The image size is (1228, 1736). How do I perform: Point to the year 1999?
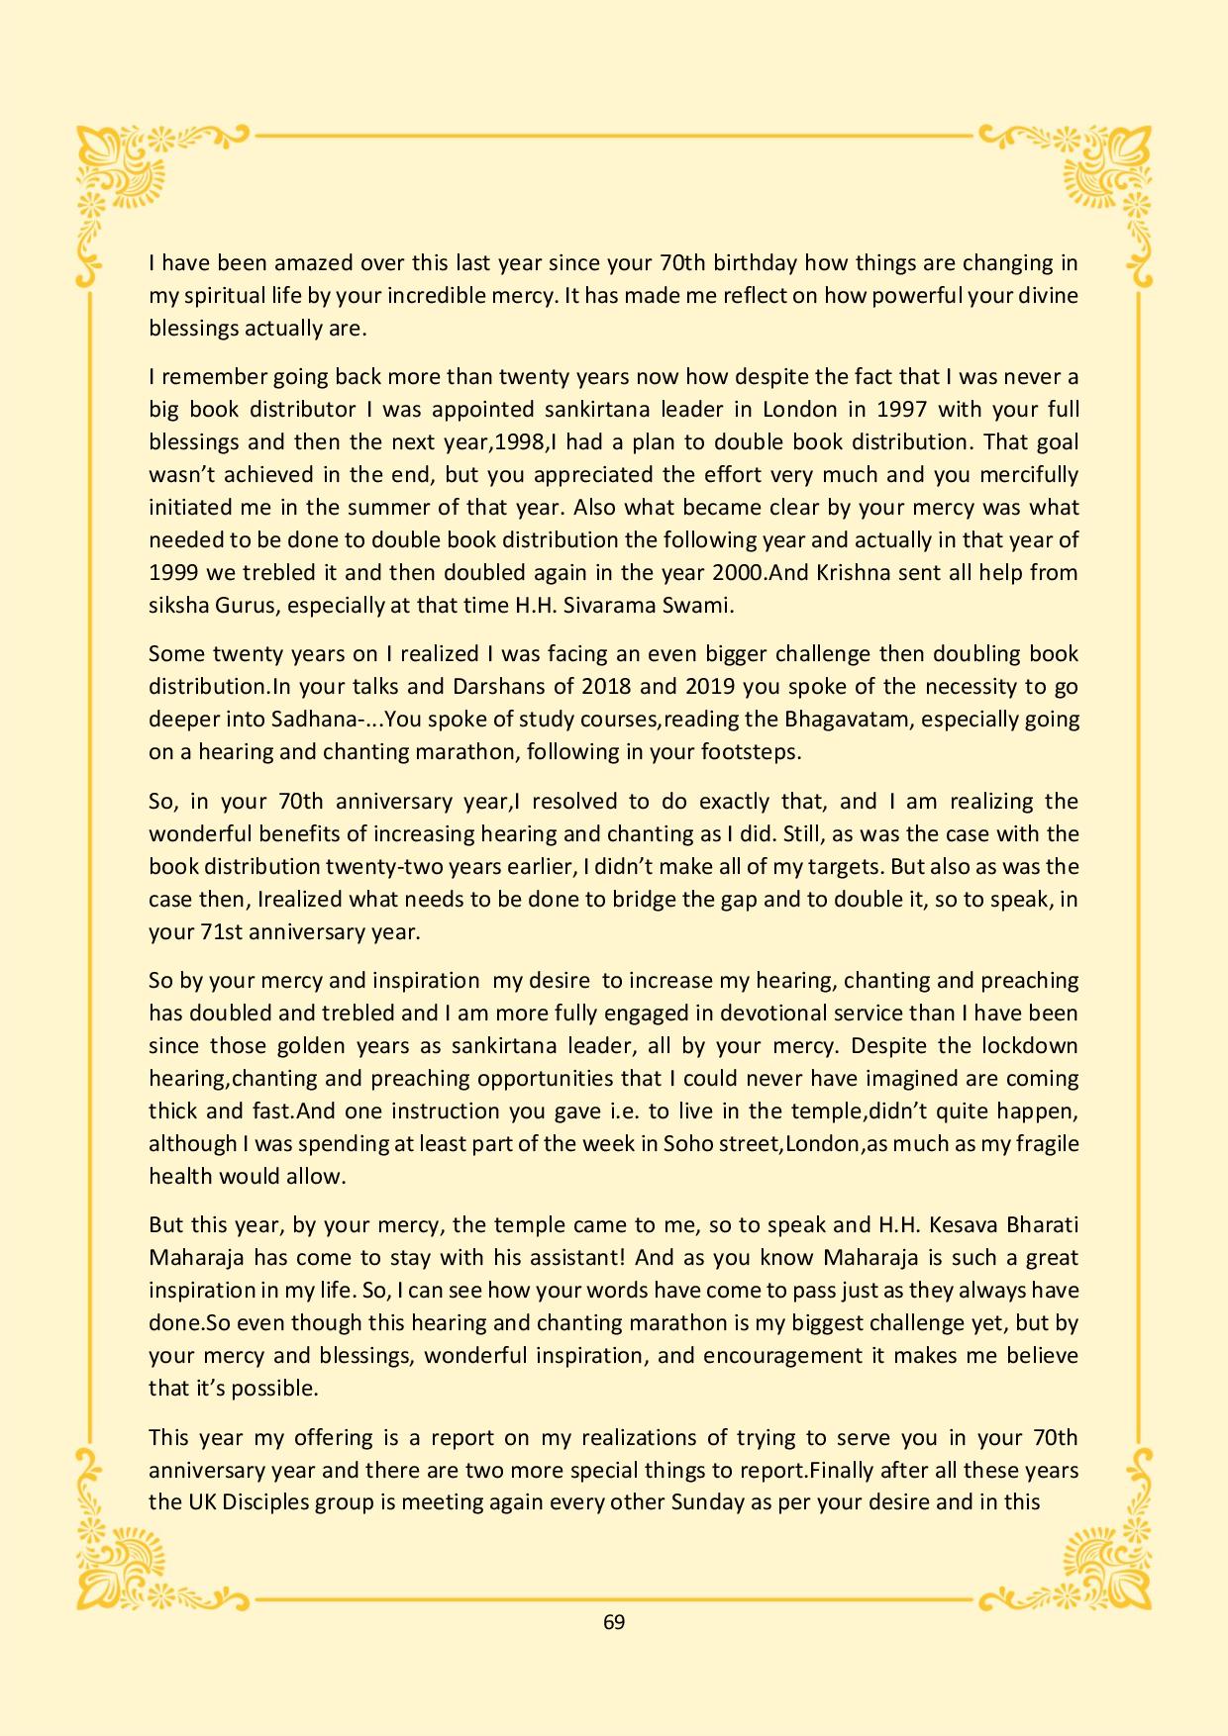pos(172,573)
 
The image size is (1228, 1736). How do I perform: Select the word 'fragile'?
pos(1046,1144)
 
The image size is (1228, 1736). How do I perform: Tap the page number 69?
pos(614,1622)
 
